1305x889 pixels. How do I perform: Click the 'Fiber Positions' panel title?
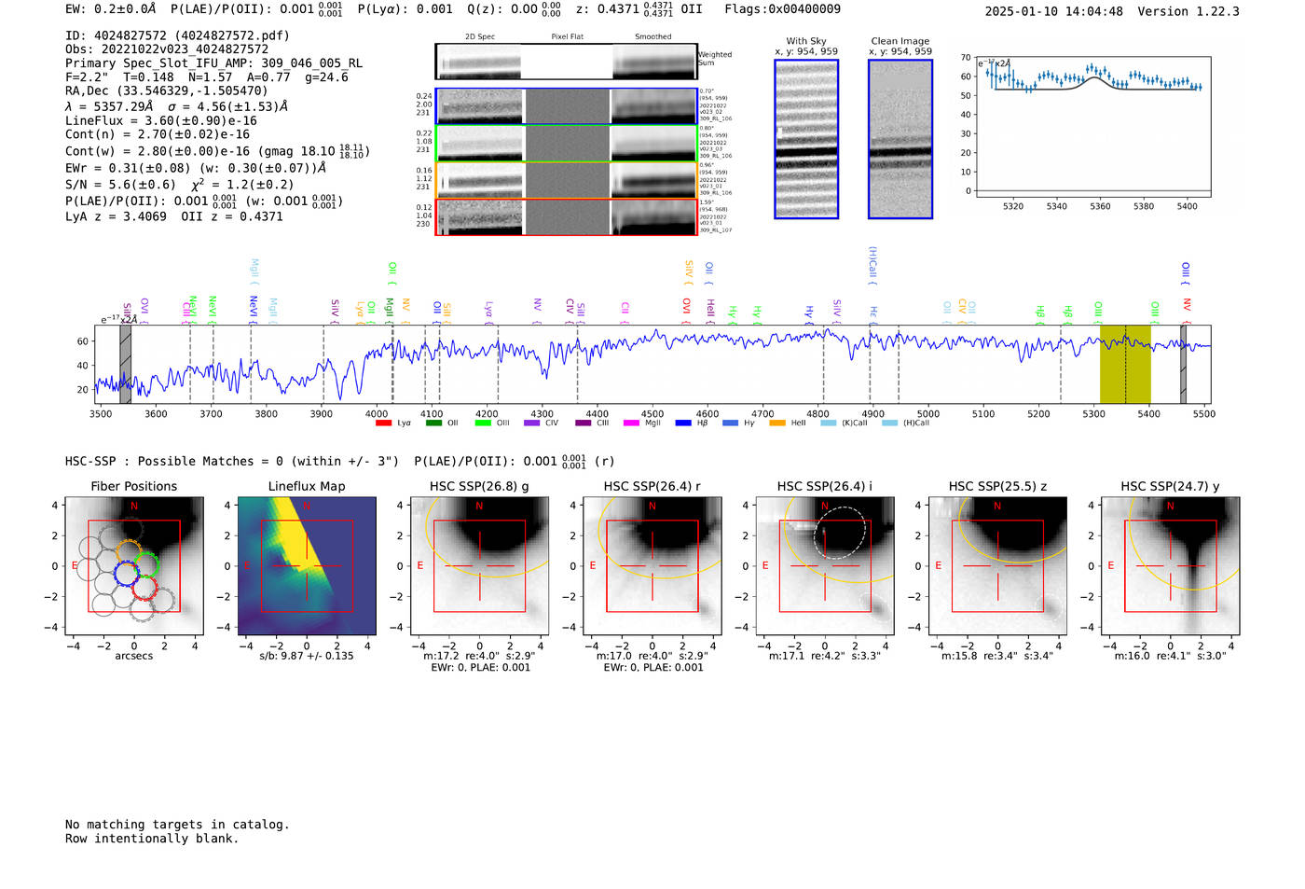133,486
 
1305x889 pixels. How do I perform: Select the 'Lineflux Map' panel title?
306,486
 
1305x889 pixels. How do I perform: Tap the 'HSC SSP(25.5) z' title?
997,486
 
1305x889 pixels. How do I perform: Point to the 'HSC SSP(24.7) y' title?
1170,486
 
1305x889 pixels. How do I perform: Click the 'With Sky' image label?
806,41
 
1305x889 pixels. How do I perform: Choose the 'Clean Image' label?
900,41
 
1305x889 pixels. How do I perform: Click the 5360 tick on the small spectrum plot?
1100,206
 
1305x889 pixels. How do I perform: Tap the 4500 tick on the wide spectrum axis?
652,413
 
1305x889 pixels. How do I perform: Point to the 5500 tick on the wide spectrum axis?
1203,413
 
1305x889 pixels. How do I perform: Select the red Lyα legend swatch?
383,424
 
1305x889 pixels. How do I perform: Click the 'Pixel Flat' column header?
567,36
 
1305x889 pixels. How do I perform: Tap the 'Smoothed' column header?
652,36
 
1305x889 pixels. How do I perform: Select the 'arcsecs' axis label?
133,656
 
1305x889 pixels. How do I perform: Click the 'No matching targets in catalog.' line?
177,824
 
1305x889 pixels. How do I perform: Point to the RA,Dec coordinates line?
166,90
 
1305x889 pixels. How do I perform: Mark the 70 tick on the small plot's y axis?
966,58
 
